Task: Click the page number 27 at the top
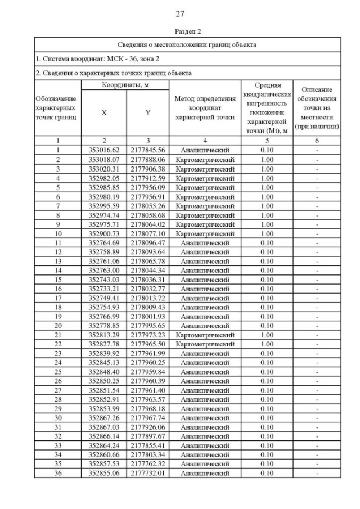click(180, 13)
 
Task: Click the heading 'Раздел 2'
click(179, 31)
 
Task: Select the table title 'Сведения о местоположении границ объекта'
click(187, 44)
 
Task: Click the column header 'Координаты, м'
click(125, 84)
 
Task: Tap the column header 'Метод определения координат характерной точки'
click(205, 108)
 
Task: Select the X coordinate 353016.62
click(104, 150)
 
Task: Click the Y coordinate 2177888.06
click(148, 160)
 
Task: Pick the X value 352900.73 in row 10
click(104, 233)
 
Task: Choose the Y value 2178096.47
click(148, 242)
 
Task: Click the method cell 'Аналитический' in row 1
click(205, 150)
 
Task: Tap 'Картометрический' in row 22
click(205, 344)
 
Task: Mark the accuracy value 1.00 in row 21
click(267, 335)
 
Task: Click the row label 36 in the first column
click(58, 474)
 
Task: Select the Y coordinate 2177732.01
click(148, 474)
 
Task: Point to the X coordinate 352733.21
click(104, 289)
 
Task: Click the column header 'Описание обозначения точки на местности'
click(317, 108)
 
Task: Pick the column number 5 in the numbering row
click(267, 141)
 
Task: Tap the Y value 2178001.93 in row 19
click(148, 317)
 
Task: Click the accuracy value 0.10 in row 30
click(267, 418)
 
